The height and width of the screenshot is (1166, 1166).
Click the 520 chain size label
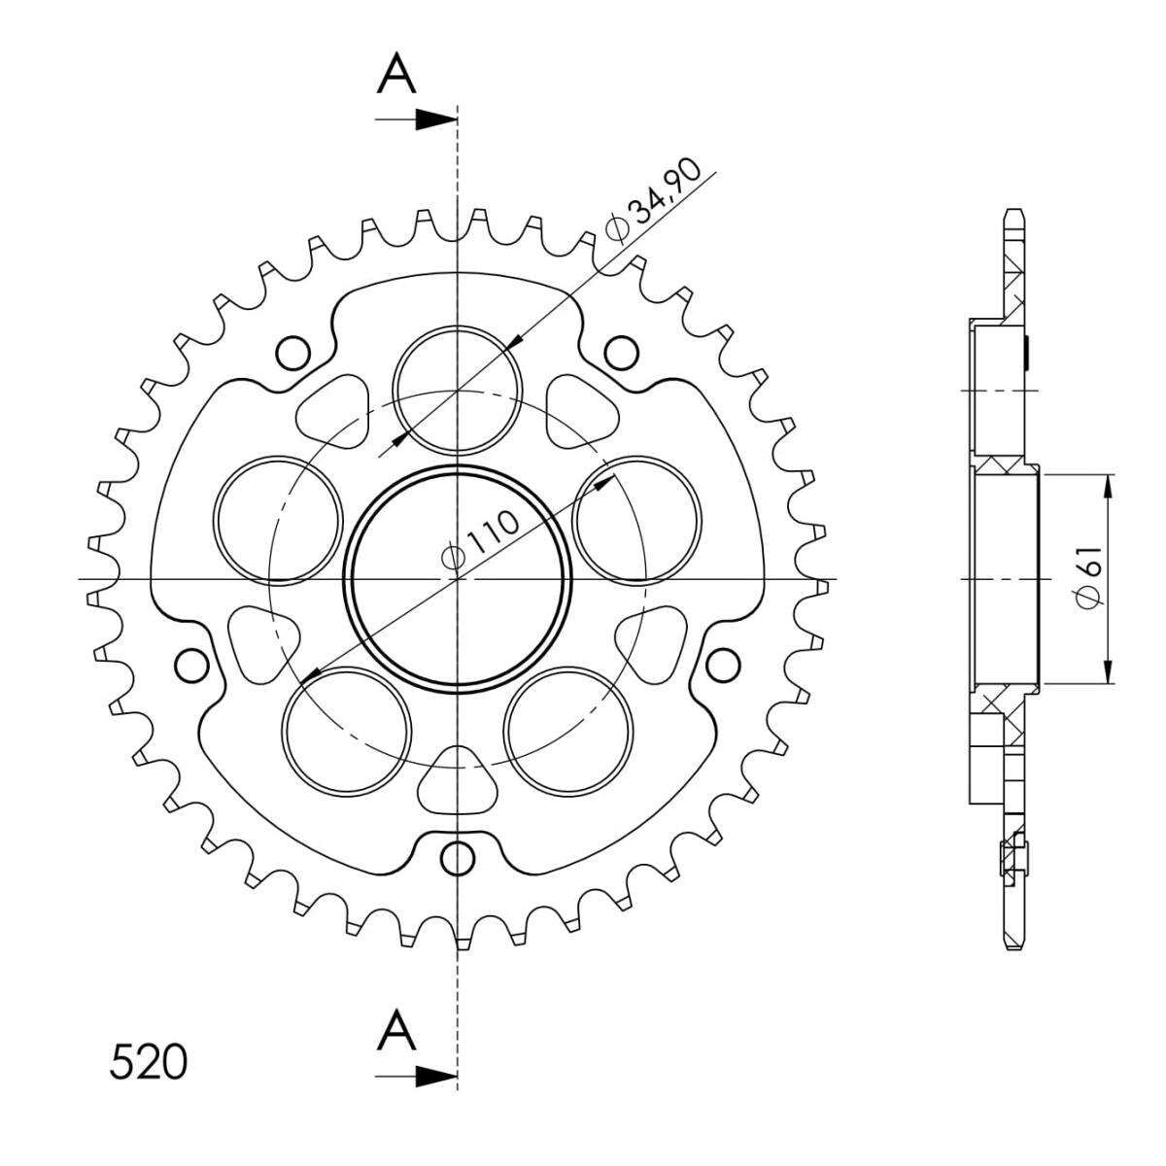149,1062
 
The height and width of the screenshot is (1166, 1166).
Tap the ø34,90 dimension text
654,201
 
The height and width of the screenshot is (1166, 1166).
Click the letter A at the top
396,73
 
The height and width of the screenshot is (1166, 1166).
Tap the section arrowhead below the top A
435,120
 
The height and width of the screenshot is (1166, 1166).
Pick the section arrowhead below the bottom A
435,1077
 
